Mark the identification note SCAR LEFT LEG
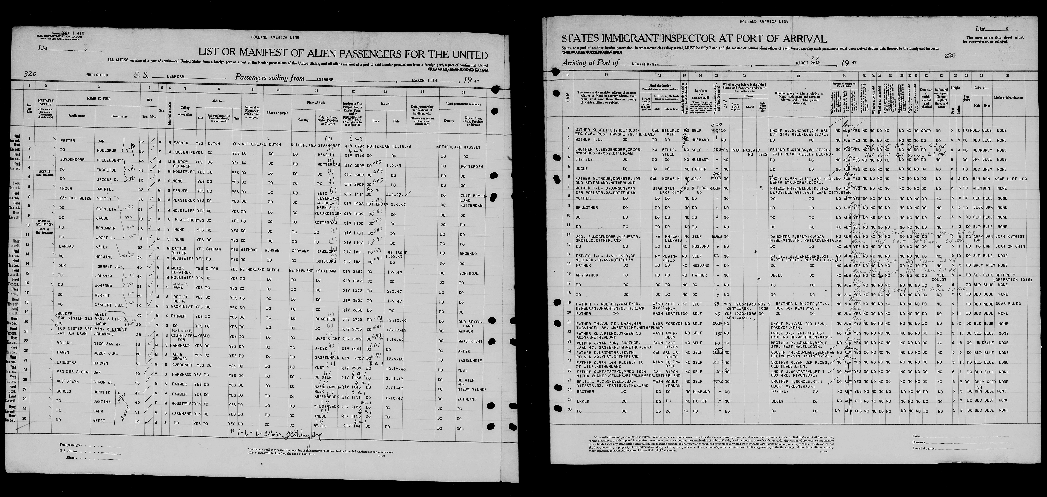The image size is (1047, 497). (x=1008, y=179)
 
